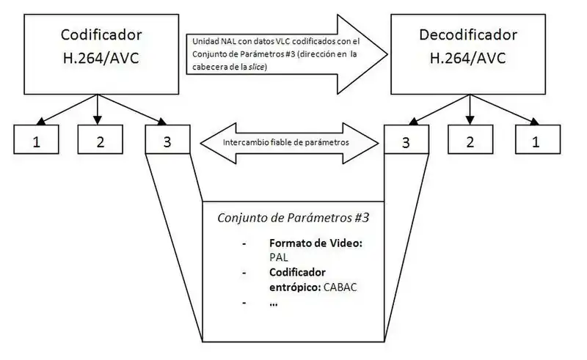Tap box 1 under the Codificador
point(36,140)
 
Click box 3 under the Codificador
point(167,140)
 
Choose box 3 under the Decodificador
point(405,140)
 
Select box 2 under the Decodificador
point(470,140)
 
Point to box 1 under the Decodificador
point(535,140)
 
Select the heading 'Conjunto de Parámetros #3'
point(293,218)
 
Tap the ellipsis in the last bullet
point(274,303)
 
